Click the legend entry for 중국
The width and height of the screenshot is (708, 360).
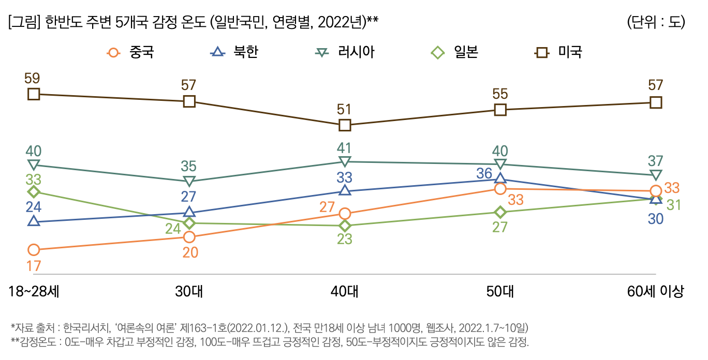[x=130, y=52]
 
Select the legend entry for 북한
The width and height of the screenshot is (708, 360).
[x=234, y=52]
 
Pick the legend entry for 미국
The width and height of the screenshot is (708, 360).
[x=559, y=52]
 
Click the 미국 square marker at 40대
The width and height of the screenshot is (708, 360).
[x=345, y=125]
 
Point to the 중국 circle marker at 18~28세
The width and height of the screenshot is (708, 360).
[x=34, y=250]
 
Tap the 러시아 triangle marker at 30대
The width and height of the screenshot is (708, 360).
[x=189, y=181]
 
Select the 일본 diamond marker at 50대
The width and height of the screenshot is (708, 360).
[x=500, y=212]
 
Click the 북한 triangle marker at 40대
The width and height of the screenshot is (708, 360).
[x=345, y=190]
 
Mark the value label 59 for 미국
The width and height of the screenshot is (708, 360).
[x=32, y=79]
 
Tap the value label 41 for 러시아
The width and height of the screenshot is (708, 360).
[x=345, y=147]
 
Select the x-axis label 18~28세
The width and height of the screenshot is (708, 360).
[x=34, y=292]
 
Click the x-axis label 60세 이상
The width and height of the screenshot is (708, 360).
[x=655, y=292]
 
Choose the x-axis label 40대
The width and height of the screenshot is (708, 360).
[x=345, y=292]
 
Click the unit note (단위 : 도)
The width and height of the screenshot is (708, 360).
[x=655, y=22]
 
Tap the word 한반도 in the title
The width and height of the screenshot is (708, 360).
[x=65, y=22]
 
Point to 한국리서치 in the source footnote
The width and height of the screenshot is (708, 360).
[x=86, y=328]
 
